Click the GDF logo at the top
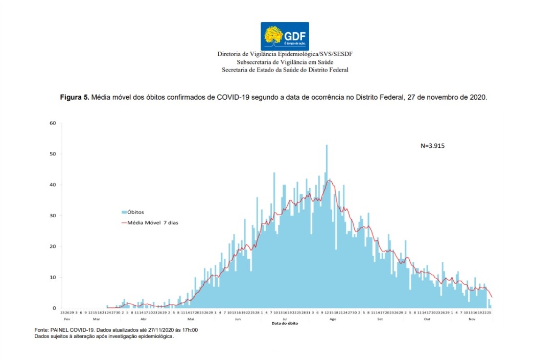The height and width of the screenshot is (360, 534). coord(285,36)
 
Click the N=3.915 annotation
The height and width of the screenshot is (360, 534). coord(433,146)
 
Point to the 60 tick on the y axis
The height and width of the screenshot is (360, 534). coord(53,123)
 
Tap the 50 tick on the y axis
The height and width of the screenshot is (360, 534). coord(53,154)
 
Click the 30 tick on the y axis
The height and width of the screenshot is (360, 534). coord(53,216)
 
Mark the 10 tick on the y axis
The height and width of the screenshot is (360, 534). coord(53,278)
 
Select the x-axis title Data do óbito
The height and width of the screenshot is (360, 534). coord(285,323)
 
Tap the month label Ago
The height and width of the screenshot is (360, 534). coord(333,318)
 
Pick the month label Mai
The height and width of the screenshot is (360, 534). coord(191,318)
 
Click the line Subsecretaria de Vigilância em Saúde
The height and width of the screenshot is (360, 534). coord(285,62)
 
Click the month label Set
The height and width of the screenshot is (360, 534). coord(380,318)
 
